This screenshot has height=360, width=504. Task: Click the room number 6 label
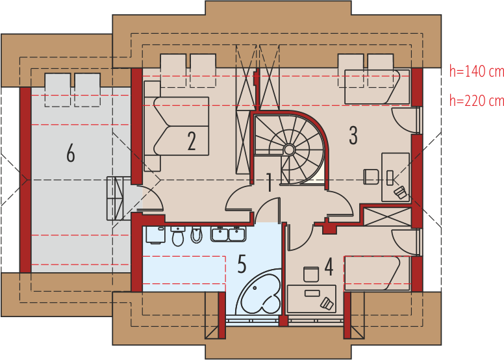(x=71, y=153)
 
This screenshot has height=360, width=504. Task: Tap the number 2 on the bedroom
(x=192, y=141)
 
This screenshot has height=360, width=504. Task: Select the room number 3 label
(x=353, y=135)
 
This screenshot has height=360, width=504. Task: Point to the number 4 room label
(x=329, y=266)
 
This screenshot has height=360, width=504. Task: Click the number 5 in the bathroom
(x=242, y=264)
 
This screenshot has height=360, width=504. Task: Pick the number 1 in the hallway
(x=270, y=183)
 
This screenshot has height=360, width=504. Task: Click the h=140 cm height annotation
(x=477, y=71)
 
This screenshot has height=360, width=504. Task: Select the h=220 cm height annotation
(x=477, y=101)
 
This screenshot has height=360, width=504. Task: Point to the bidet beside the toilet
(x=196, y=235)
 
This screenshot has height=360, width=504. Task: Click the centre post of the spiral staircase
(x=289, y=149)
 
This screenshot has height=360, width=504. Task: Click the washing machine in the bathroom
(x=156, y=235)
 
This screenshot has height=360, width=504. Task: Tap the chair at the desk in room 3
(x=371, y=177)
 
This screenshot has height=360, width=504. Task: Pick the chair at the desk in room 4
(x=311, y=274)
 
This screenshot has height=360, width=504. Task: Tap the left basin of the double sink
(x=220, y=234)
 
